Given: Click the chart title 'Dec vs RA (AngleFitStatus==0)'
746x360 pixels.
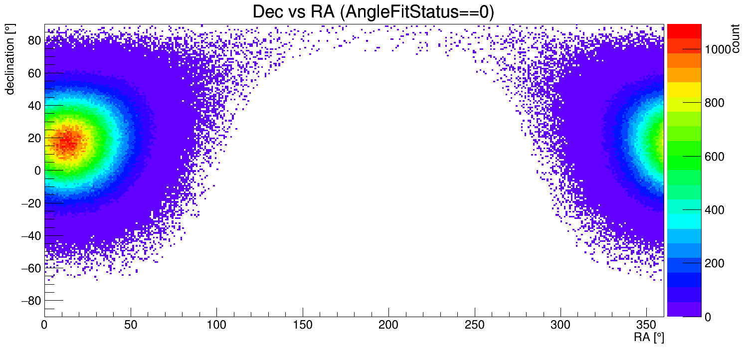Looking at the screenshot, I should point(373,12).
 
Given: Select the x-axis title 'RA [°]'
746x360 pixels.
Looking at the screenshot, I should point(649,338).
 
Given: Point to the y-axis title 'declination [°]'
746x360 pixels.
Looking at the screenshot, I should point(10,60).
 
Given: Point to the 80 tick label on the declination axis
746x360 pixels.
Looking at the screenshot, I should point(34,41).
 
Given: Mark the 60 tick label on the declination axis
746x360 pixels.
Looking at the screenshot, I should point(34,73).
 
